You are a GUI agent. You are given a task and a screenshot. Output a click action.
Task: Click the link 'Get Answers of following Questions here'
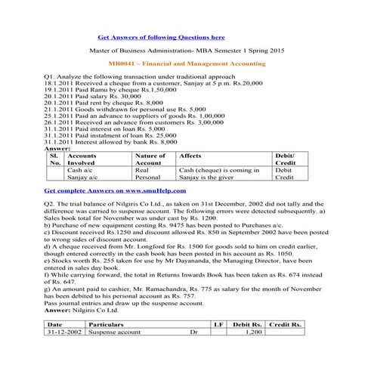(161, 36)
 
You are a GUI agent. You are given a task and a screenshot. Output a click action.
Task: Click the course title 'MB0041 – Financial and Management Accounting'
(187, 66)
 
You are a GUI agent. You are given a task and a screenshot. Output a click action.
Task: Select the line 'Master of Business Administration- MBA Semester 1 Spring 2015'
(187, 51)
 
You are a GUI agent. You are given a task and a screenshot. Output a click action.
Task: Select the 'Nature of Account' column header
(150, 159)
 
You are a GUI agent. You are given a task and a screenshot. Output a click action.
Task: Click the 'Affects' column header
(189, 155)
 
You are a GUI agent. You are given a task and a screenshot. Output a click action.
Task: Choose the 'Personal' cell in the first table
(148, 179)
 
